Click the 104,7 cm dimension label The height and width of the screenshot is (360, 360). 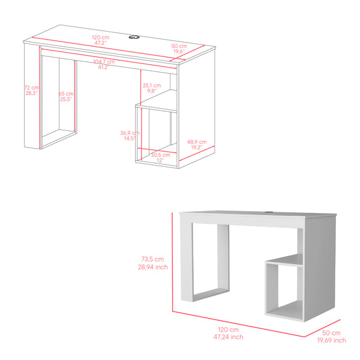[104, 62]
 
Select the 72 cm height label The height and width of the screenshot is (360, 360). [32, 88]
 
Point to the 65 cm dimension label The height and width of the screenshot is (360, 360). [66, 94]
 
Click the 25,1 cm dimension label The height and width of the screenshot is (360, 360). [152, 85]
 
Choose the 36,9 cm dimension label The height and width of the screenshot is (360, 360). [130, 133]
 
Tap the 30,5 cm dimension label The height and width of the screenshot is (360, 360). [160, 155]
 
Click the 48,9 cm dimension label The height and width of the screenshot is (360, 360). [197, 142]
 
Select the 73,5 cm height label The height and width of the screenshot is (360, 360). [152, 259]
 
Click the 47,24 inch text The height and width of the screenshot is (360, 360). [228, 337]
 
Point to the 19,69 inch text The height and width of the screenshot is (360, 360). [331, 340]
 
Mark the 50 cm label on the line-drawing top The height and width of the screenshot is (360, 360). [179, 46]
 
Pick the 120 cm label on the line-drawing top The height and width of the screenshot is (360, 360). [101, 37]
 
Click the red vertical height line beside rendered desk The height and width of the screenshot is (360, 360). [172, 262]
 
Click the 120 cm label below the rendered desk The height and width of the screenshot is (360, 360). [228, 329]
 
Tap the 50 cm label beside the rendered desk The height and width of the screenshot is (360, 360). [331, 333]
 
